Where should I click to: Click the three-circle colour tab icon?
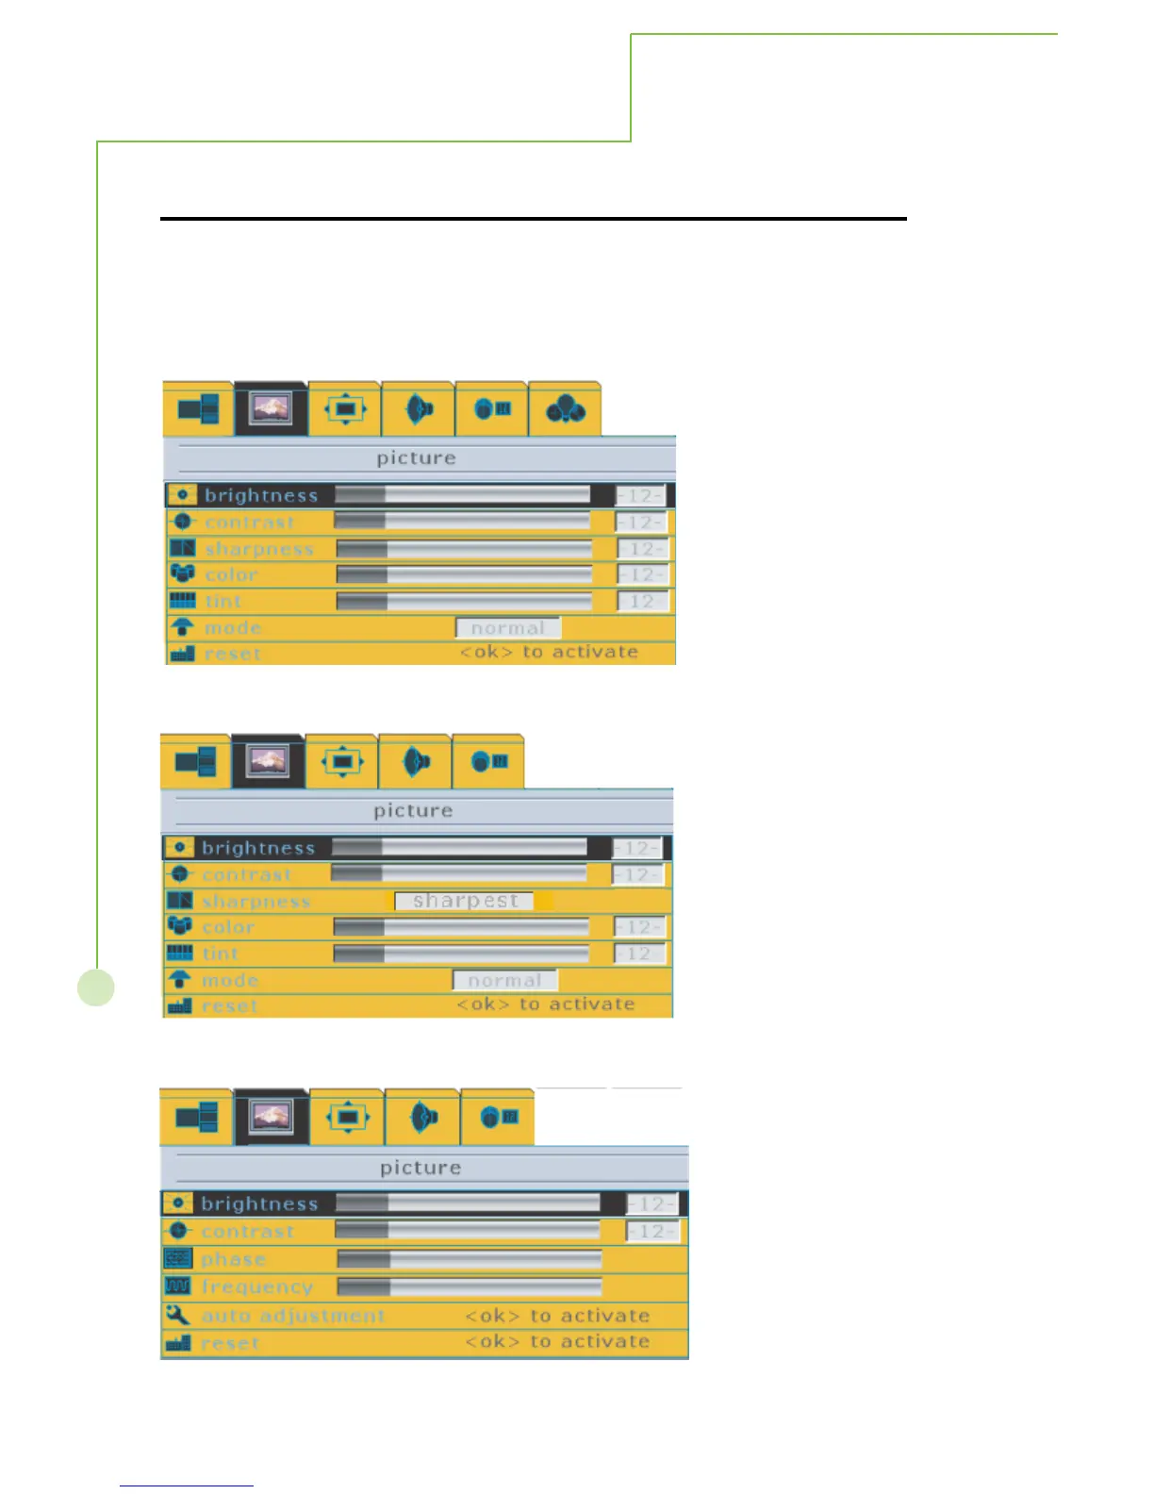[x=565, y=409]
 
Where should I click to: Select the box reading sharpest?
[x=465, y=901]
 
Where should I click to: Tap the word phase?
[x=233, y=1259]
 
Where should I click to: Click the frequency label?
[x=256, y=1286]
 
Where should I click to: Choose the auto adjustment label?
[x=293, y=1315]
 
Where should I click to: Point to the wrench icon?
[x=177, y=1314]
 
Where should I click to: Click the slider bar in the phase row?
[x=470, y=1259]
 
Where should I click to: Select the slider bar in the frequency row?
[x=470, y=1286]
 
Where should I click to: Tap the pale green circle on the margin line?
[x=96, y=988]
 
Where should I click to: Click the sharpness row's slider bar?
[x=464, y=549]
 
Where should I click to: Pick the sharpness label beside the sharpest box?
[x=256, y=902]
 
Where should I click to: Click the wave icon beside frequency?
[x=178, y=1286]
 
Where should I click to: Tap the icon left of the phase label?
[x=178, y=1258]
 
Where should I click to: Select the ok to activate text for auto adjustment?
[x=557, y=1315]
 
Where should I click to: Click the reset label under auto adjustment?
[x=230, y=1342]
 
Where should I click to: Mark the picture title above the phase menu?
[x=420, y=1168]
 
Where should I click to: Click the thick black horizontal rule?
[x=533, y=219]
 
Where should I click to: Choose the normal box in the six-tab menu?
[x=508, y=628]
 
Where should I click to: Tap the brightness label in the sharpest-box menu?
[x=257, y=848]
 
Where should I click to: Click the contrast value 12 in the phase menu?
[x=651, y=1231]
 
